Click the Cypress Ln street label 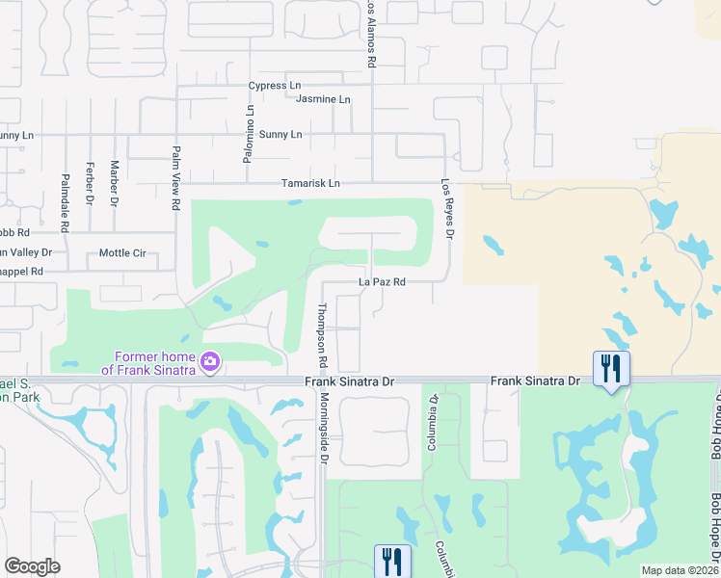274,86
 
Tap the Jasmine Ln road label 323,100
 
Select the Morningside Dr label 325,425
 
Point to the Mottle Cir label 122,253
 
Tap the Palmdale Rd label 66,202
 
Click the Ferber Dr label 90,182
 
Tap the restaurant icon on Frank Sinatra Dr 611,367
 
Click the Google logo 33,566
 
